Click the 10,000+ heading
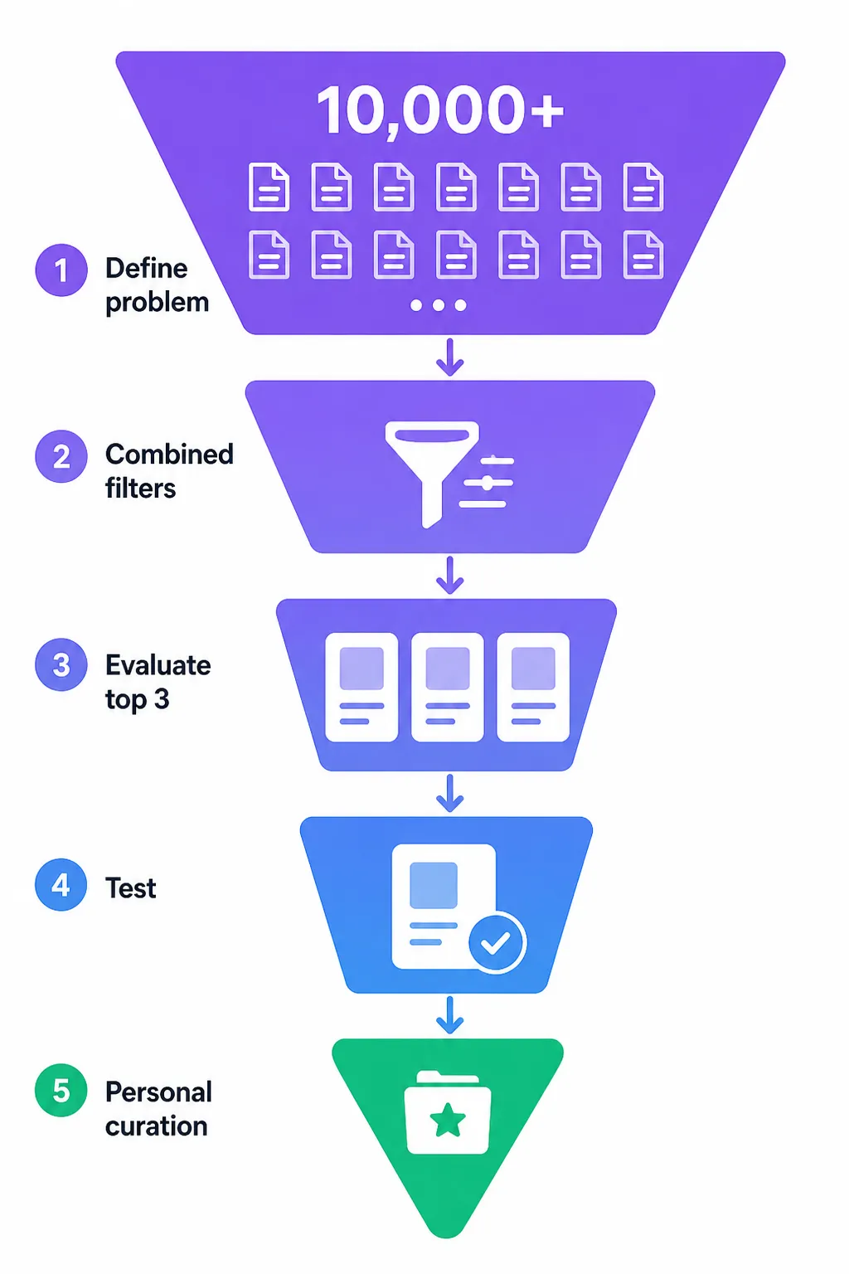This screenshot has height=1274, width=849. click(439, 111)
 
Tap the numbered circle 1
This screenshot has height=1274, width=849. click(61, 270)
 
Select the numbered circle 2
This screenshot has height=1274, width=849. click(61, 456)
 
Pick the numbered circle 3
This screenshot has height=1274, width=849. click(61, 664)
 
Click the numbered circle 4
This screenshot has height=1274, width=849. click(61, 884)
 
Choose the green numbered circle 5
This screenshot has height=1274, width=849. click(61, 1091)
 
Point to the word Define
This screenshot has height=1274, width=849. click(146, 268)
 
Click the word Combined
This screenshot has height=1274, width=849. click(169, 454)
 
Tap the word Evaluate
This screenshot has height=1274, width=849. click(158, 665)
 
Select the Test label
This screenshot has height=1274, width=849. click(131, 887)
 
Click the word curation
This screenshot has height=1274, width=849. click(157, 1126)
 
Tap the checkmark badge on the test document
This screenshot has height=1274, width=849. click(497, 942)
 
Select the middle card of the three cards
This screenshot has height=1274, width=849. click(448, 687)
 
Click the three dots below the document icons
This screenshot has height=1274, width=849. click(439, 305)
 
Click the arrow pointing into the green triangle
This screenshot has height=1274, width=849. click(450, 1015)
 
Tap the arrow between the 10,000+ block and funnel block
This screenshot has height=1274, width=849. click(450, 357)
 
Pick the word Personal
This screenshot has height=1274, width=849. click(158, 1092)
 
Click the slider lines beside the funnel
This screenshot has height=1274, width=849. click(487, 482)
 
